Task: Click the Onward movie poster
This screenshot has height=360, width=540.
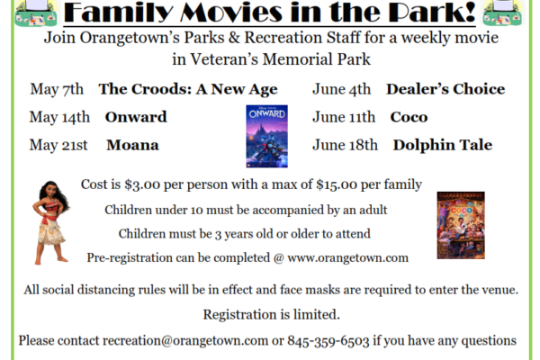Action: tap(267, 136)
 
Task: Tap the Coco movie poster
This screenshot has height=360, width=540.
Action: tap(461, 225)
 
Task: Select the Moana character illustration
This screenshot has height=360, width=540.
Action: tap(51, 223)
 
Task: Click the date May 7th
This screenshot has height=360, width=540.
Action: tap(57, 89)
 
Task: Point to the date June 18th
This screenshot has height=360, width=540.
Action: tap(345, 145)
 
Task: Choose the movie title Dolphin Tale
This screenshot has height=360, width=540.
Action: tap(443, 145)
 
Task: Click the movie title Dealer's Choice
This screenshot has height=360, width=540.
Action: tap(445, 89)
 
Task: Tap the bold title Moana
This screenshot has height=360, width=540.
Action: tap(132, 145)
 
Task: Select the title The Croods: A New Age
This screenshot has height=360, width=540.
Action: tap(188, 90)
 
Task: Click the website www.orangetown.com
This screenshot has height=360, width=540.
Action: tap(347, 258)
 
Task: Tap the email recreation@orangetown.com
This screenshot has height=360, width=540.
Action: tap(185, 341)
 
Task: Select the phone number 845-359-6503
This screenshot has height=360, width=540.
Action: tap(328, 341)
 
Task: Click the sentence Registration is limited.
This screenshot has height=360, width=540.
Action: tap(272, 314)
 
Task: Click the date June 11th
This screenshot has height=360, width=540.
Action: tap(344, 117)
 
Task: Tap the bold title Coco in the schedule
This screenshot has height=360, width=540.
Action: tap(409, 117)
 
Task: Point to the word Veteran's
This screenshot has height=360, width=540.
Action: tap(224, 59)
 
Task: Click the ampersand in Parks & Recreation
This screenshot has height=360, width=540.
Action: tap(234, 38)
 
